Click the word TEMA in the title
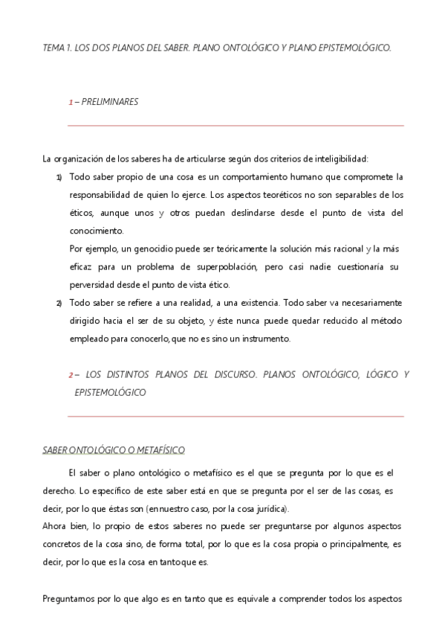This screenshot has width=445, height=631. click(53, 48)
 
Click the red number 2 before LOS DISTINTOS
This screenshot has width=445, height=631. click(70, 375)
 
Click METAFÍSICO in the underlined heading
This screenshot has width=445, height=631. click(158, 450)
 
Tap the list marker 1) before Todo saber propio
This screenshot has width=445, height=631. click(59, 177)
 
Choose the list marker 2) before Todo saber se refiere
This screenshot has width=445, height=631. click(59, 303)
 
